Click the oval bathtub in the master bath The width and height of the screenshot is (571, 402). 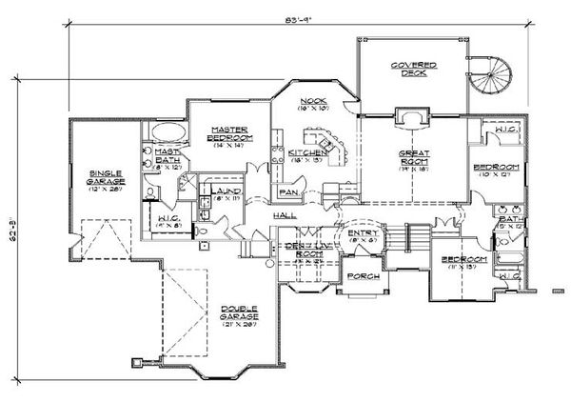click(163, 131)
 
